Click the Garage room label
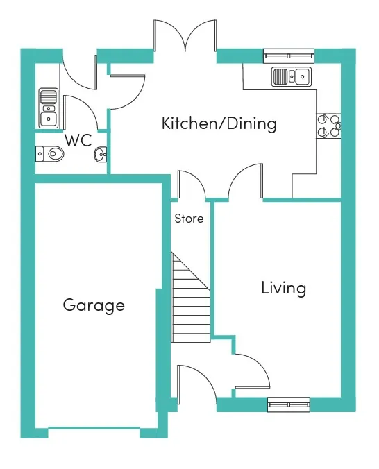pyautogui.click(x=94, y=305)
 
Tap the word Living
pyautogui.click(x=283, y=288)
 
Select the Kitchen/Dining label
pyautogui.click(x=219, y=123)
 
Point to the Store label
pyautogui.click(x=189, y=219)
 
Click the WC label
pyautogui.click(x=78, y=140)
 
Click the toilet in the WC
pyautogui.click(x=50, y=154)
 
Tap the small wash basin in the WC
pyautogui.click(x=101, y=154)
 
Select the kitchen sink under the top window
pyautogui.click(x=292, y=76)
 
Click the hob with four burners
pyautogui.click(x=328, y=126)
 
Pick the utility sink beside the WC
pyautogui.click(x=48, y=108)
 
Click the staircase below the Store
pyautogui.click(x=190, y=297)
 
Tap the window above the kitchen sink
pyautogui.click(x=289, y=56)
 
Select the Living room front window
pyautogui.click(x=289, y=404)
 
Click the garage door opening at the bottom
pyautogui.click(x=94, y=429)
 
